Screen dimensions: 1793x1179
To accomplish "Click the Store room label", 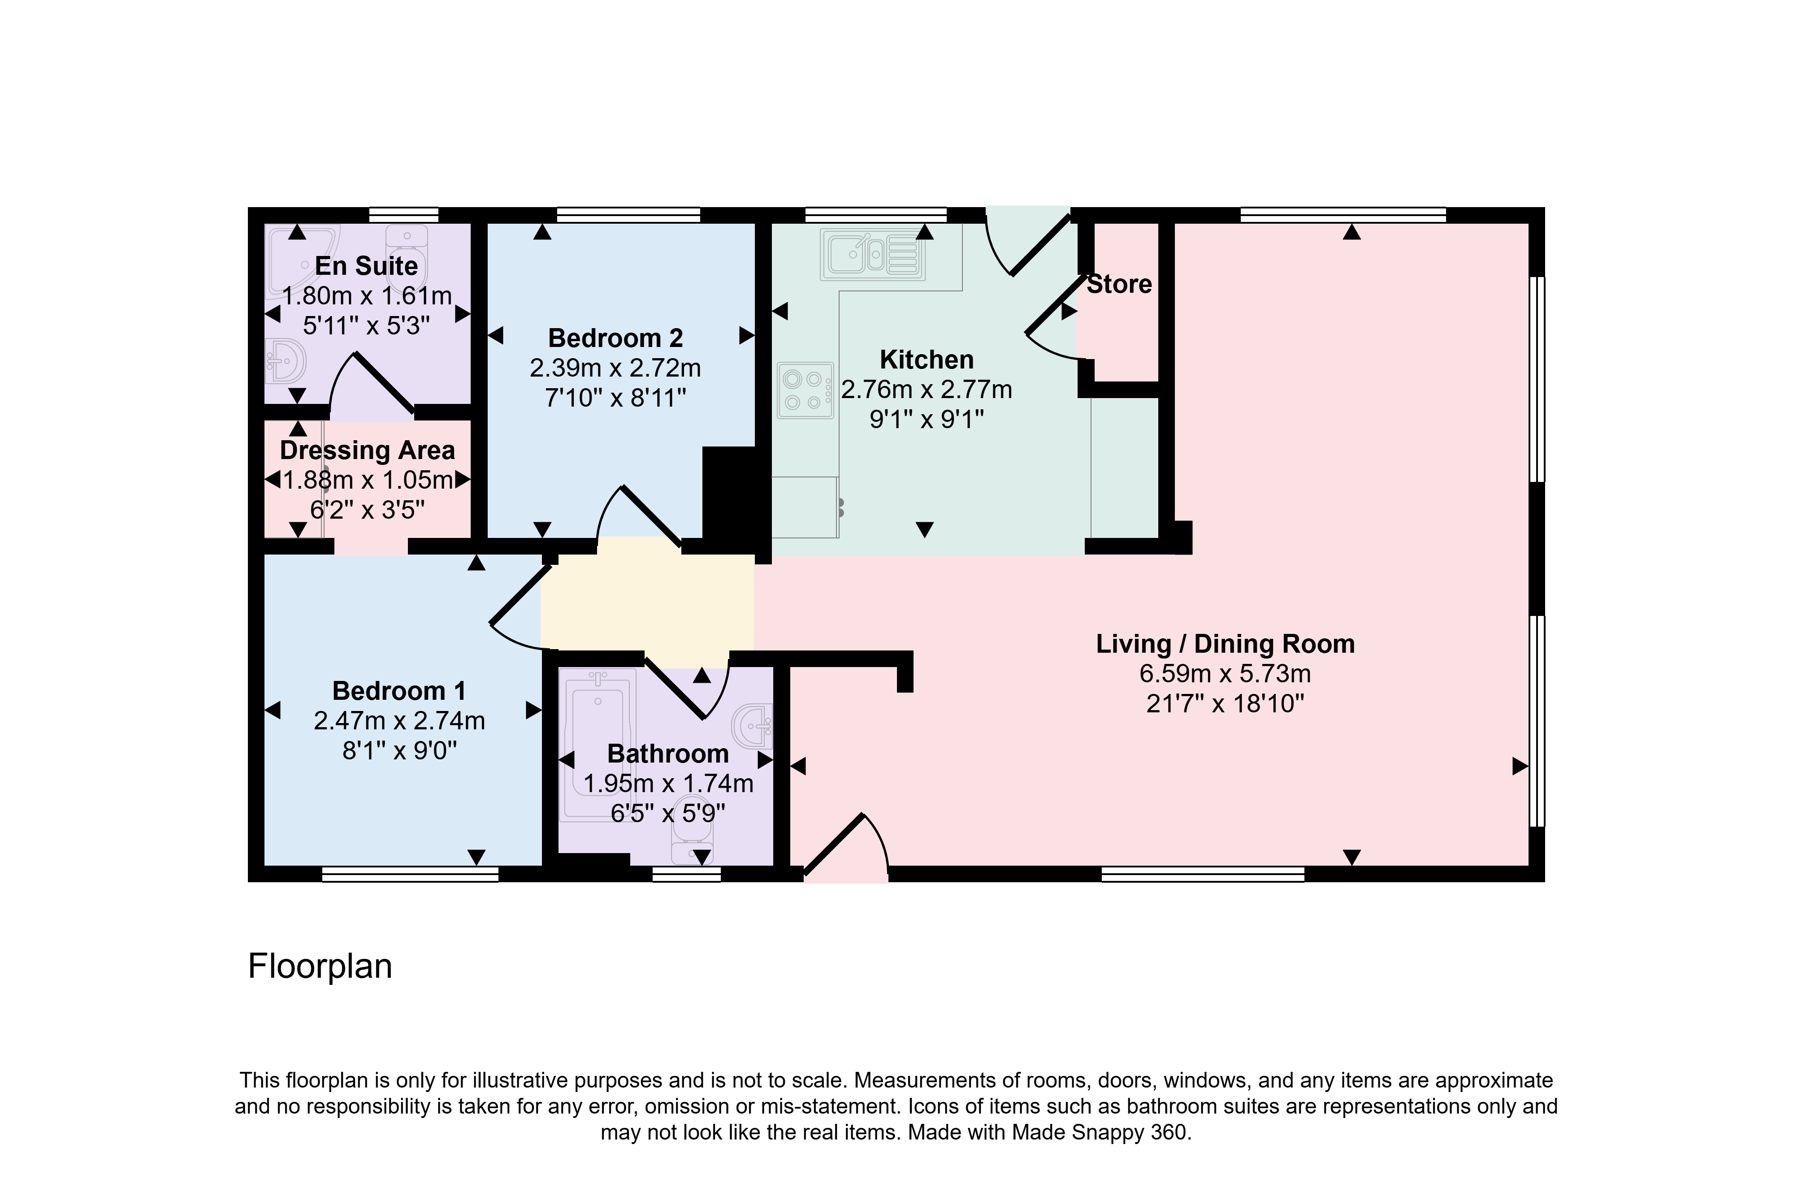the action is (1119, 285).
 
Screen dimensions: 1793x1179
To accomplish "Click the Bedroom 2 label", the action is (615, 338).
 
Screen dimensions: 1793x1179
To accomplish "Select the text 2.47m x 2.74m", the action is (399, 721).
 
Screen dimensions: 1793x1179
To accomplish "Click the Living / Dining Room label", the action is (1225, 644).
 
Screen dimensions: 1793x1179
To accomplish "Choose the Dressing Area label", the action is (368, 451).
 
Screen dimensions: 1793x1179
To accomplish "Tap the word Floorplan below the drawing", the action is (320, 967).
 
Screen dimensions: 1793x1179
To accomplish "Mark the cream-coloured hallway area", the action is (648, 603).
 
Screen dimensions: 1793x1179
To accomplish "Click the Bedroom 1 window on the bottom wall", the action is (411, 874).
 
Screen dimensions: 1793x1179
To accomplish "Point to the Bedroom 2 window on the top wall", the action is (628, 215).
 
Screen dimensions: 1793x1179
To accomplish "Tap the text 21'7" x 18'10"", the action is (1225, 704).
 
